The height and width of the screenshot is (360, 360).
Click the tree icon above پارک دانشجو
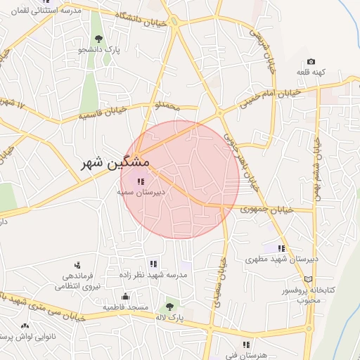[x=98, y=39]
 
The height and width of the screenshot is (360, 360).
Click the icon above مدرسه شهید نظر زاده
[x=153, y=264]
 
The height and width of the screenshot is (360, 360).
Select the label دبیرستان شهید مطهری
[x=281, y=259]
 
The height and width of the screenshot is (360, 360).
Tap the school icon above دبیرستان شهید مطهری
[x=281, y=248]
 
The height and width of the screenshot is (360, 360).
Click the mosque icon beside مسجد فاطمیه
[x=125, y=297]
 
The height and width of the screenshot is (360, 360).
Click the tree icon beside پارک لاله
[x=169, y=306]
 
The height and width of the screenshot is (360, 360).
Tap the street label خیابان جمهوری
[x=259, y=209]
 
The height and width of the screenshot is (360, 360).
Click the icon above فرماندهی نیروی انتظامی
[x=77, y=265]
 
